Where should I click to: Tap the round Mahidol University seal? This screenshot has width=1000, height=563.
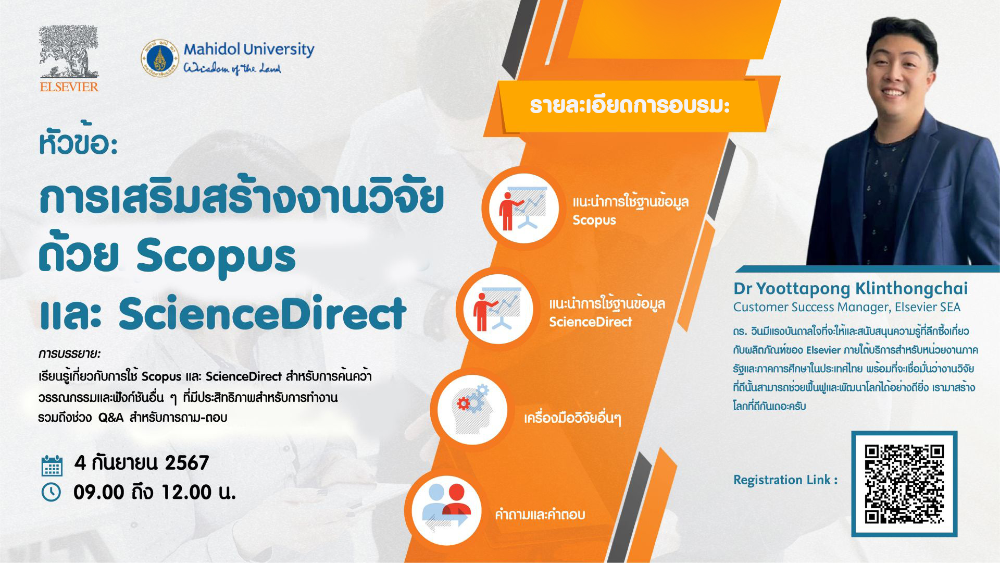click(x=160, y=58)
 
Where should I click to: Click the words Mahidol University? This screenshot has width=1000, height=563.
click(x=249, y=50)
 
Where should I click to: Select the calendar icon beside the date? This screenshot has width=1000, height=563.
click(x=52, y=466)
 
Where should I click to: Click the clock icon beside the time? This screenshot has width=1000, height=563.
click(x=51, y=493)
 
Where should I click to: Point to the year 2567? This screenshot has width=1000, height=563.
click(x=186, y=463)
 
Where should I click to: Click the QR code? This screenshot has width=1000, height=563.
click(x=904, y=484)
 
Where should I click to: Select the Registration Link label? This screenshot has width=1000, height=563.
click(x=785, y=480)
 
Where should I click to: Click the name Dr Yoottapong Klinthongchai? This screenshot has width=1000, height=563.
click(x=851, y=288)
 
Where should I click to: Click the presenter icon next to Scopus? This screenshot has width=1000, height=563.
click(x=522, y=208)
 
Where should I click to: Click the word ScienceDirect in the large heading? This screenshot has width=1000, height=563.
click(x=262, y=313)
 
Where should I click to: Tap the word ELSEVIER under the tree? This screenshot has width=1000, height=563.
click(x=69, y=87)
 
